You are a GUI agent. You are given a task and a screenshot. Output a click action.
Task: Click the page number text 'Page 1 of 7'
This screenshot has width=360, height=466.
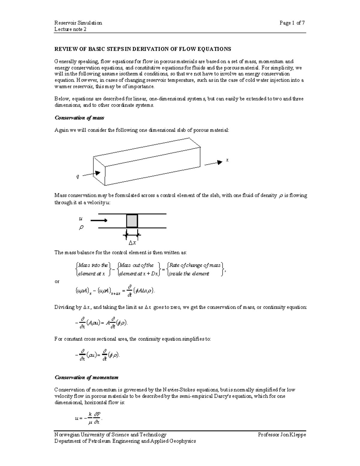tap(292, 23)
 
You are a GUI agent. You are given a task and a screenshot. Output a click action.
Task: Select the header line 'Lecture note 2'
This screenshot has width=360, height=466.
tap(70, 29)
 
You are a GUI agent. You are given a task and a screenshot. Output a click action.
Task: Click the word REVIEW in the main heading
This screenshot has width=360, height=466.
tap(64, 49)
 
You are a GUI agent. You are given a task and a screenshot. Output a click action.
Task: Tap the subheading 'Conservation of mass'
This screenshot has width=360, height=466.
tap(79, 118)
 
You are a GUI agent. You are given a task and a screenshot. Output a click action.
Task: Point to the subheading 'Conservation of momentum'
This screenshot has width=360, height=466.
tap(86, 377)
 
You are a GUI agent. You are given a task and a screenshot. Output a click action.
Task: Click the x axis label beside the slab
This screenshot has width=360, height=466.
tap(227, 160)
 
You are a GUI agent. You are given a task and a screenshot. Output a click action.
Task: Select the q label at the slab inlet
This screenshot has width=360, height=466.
tap(78, 177)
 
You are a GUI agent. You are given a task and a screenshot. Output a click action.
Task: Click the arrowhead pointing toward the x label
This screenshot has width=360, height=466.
tap(220, 162)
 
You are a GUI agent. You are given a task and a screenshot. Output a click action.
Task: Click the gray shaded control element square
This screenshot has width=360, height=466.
tap(132, 221)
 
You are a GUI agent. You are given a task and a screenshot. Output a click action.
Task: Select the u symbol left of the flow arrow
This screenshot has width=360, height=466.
tap(80, 220)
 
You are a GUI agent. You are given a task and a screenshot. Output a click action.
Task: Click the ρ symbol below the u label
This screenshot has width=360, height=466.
tap(80, 228)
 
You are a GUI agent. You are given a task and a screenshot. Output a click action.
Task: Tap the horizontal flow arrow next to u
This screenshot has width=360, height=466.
tap(99, 221)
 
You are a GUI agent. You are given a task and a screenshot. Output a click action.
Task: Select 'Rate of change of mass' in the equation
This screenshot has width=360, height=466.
tap(195, 265)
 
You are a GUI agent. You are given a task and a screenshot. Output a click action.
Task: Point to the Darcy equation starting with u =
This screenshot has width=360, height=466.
tap(88, 418)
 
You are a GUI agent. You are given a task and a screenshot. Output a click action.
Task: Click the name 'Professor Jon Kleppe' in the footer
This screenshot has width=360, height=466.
tap(282, 434)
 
